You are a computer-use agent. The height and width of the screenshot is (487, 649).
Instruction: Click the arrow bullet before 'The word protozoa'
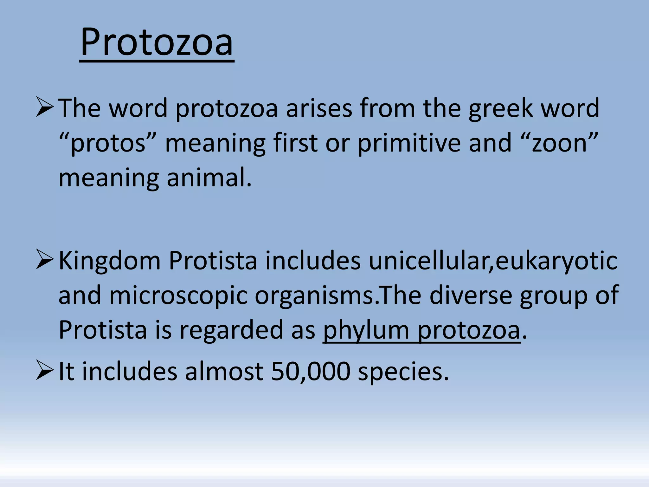pyautogui.click(x=44, y=107)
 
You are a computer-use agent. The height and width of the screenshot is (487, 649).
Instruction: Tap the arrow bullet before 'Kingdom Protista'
pyautogui.click(x=44, y=260)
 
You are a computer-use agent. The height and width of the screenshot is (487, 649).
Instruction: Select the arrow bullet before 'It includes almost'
pyautogui.click(x=44, y=370)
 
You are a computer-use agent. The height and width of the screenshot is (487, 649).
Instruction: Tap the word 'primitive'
pyautogui.click(x=409, y=143)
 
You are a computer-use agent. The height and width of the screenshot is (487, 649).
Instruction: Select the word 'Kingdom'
pyautogui.click(x=109, y=261)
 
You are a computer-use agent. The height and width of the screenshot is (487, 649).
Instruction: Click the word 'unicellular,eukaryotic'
pyautogui.click(x=493, y=261)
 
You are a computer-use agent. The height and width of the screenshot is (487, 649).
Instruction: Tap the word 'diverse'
pyautogui.click(x=471, y=295)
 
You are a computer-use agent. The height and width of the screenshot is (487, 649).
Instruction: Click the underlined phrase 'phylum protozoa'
pyautogui.click(x=421, y=330)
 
